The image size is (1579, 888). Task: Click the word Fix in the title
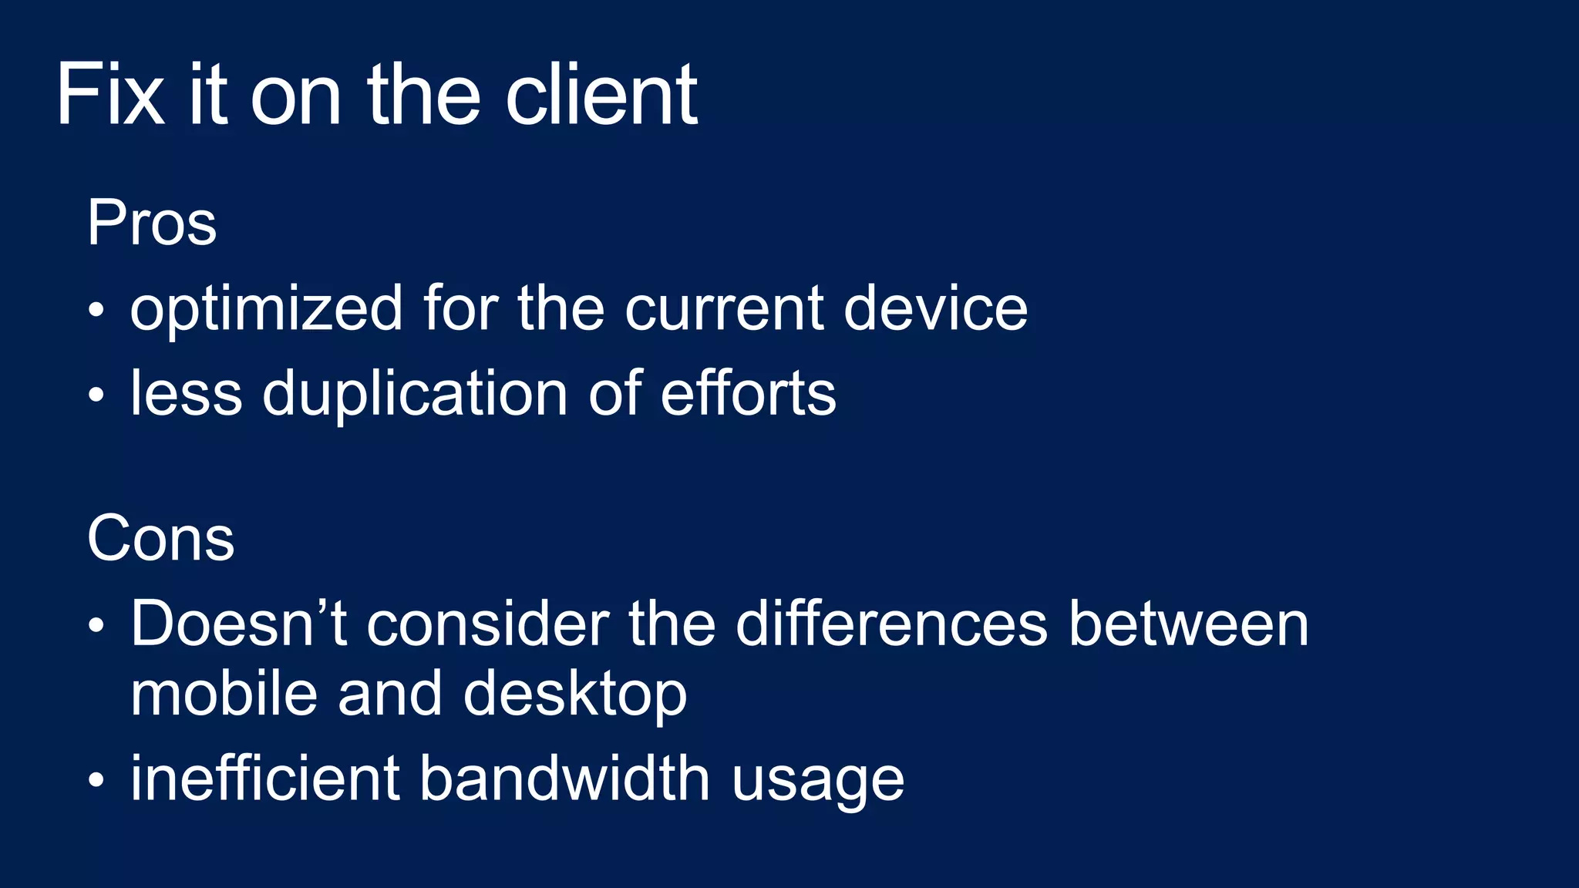(x=110, y=96)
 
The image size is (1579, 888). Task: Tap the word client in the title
(x=601, y=96)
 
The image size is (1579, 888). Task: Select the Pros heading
(x=152, y=224)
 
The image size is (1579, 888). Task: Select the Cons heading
(x=160, y=538)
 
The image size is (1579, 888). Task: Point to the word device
(x=935, y=308)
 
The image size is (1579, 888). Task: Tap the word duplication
(x=415, y=394)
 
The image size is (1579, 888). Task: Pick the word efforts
(x=748, y=393)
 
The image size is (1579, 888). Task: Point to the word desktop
(x=574, y=694)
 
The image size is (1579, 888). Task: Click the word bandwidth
(x=564, y=778)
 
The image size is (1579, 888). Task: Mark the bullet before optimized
(x=96, y=311)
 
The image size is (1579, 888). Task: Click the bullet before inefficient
(x=96, y=779)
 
